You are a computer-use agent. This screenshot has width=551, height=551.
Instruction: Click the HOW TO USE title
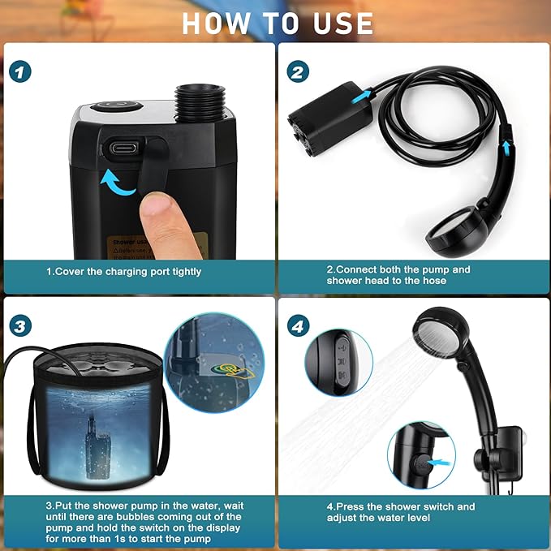[277, 23]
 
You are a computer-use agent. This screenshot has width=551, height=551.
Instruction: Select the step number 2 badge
[299, 71]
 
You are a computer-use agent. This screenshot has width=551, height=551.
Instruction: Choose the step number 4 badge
[299, 326]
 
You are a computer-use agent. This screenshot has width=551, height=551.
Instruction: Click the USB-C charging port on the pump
[121, 149]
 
